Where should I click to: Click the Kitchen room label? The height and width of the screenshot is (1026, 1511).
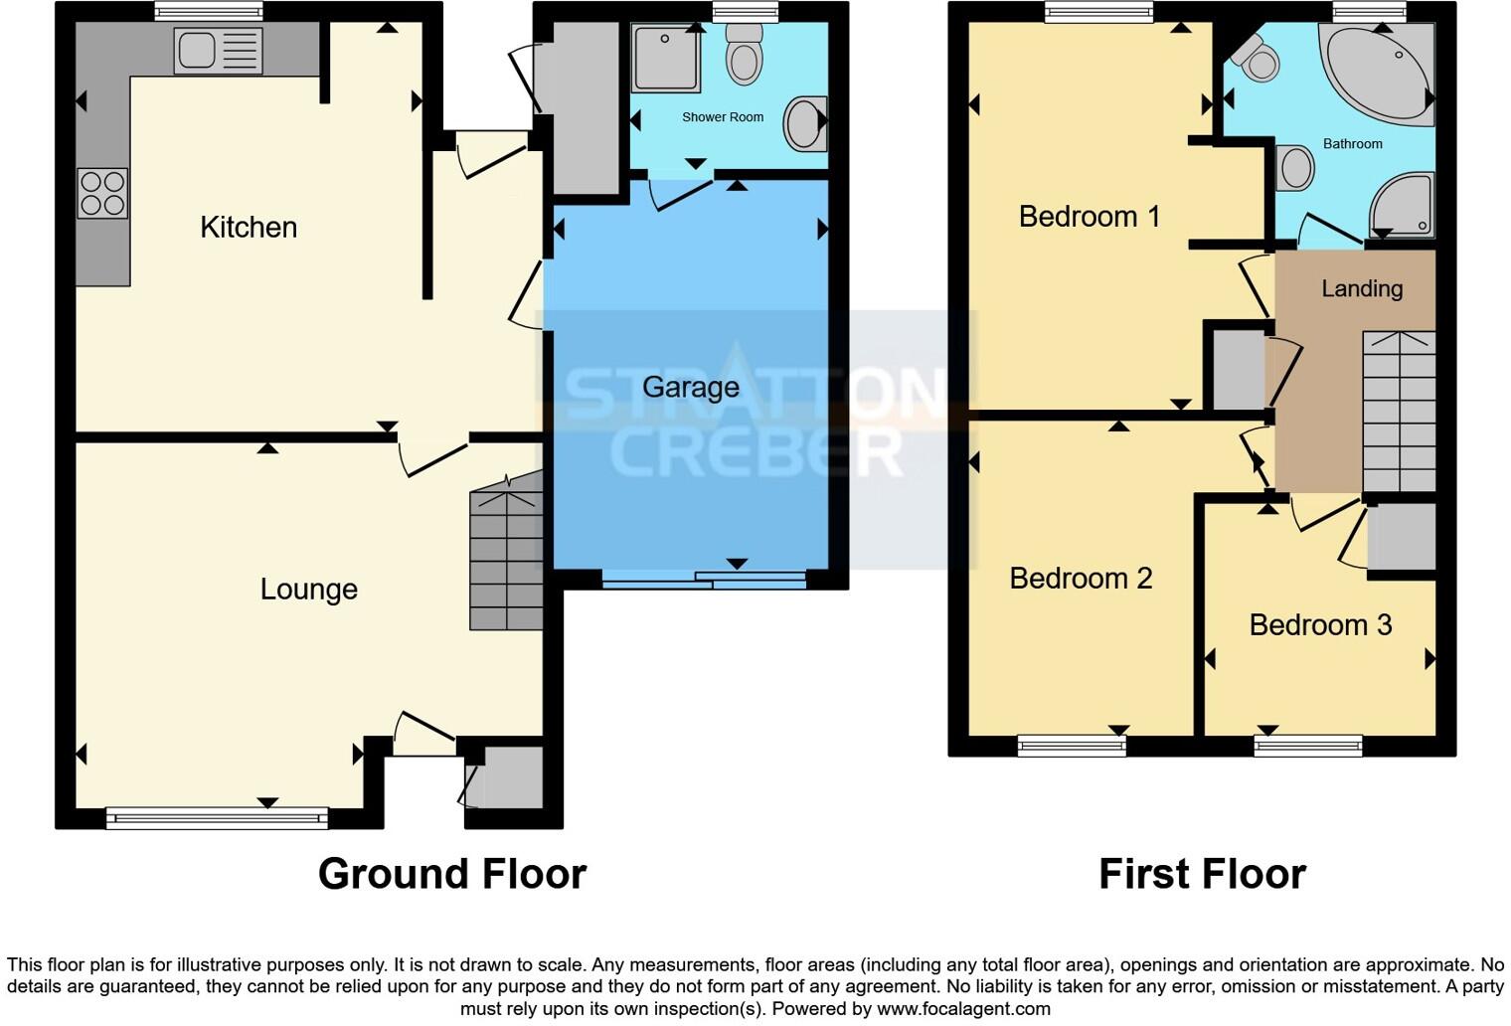249,227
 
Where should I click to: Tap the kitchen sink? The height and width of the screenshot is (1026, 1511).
218,51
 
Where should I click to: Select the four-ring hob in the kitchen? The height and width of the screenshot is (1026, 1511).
102,193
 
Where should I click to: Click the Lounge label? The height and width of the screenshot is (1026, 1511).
308,589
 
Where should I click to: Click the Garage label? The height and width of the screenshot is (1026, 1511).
690,387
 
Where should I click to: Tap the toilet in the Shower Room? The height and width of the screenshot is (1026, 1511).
744,55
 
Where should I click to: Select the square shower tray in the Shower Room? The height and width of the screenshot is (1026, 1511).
666,58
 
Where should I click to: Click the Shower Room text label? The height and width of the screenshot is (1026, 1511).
723,117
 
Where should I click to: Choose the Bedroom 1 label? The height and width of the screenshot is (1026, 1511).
1089,216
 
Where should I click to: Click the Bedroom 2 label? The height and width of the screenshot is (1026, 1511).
1081,578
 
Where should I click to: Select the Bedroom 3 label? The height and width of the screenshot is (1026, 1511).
1320,624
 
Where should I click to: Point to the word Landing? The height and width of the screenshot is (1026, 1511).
1361,288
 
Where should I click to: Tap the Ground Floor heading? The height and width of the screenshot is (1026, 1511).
452,874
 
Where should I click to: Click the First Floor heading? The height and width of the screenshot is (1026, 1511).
1202,874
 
